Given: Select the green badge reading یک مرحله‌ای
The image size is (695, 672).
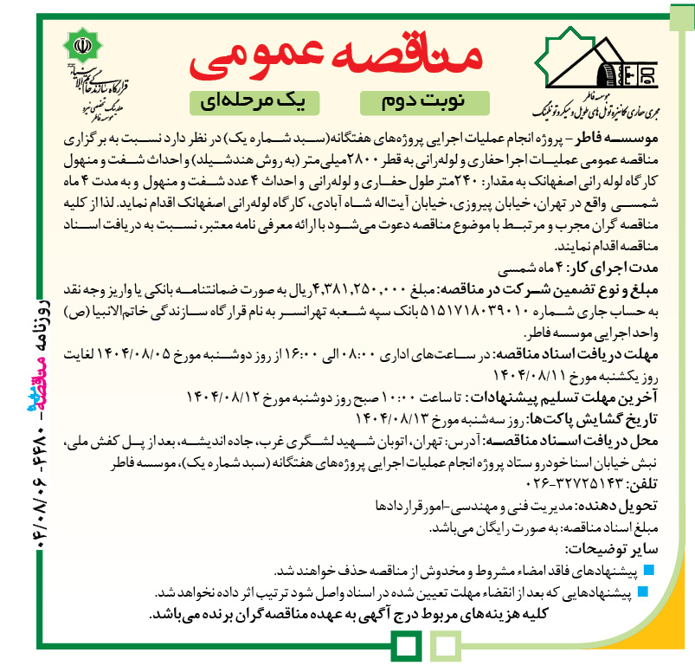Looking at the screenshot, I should coord(259,101).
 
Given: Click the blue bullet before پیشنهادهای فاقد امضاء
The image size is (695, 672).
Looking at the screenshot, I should coord(651,570).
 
